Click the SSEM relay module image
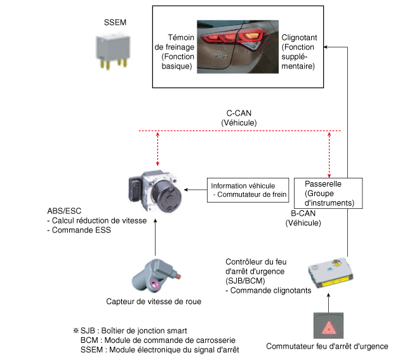(x=114, y=49)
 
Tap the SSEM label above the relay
(x=114, y=22)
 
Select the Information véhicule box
(x=248, y=190)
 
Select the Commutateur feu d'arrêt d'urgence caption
(x=327, y=347)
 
